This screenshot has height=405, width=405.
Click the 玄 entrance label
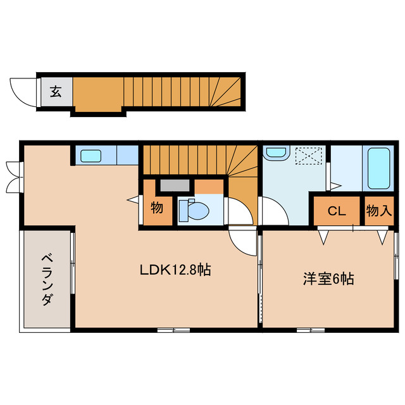coord(56,92)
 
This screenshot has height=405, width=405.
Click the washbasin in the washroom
coord(276,153)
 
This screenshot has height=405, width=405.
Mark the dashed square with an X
coord(311,155)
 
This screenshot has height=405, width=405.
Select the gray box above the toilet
coord(174,185)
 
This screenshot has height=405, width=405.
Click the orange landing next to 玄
coord(97,94)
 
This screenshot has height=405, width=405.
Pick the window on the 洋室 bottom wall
coord(311,329)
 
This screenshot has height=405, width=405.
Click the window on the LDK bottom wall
coord(173,329)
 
